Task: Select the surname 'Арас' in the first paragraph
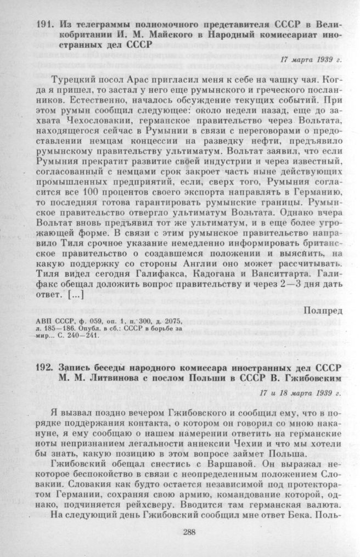[x=122, y=80]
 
